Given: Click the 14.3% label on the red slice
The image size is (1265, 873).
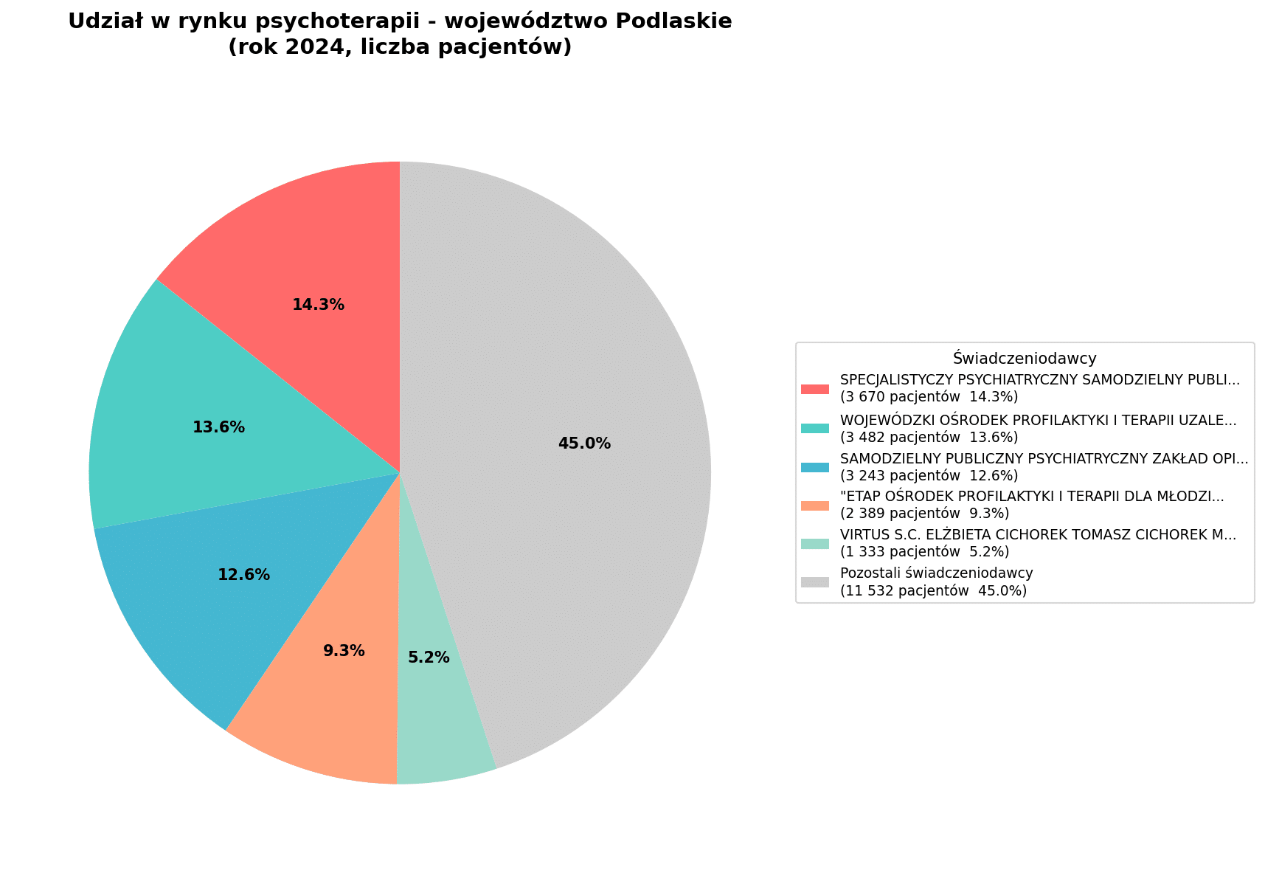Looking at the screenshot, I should (x=318, y=305).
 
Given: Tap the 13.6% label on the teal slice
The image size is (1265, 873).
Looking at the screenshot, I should (x=218, y=427).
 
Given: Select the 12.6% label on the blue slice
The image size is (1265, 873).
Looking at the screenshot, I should (x=243, y=575).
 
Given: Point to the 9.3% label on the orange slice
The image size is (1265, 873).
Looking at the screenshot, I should (x=344, y=651).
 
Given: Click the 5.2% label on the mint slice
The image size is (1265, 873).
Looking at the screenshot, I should (x=429, y=658).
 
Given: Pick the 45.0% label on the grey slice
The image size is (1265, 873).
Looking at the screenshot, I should (x=584, y=444).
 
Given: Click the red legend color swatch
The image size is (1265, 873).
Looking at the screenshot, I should (x=815, y=389).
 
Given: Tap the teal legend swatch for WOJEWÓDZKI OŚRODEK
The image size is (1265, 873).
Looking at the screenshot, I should (x=815, y=428).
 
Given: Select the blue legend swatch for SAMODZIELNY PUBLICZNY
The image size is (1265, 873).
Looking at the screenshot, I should (x=815, y=467).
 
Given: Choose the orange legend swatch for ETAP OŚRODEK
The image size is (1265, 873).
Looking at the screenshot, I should (x=815, y=505).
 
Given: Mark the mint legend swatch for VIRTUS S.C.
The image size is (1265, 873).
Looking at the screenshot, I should (x=815, y=544).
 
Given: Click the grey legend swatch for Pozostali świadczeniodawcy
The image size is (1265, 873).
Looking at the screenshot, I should (x=815, y=582).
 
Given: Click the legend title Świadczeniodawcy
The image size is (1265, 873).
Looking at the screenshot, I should (x=1025, y=359).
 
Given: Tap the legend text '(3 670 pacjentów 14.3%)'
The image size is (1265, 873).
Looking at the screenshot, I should (x=929, y=397).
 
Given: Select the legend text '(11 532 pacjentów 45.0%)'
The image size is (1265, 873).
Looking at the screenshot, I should (x=933, y=590).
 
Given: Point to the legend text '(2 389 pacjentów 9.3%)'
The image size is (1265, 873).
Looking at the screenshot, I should (x=924, y=513).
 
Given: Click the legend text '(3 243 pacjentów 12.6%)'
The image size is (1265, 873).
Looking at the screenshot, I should (x=929, y=475).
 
